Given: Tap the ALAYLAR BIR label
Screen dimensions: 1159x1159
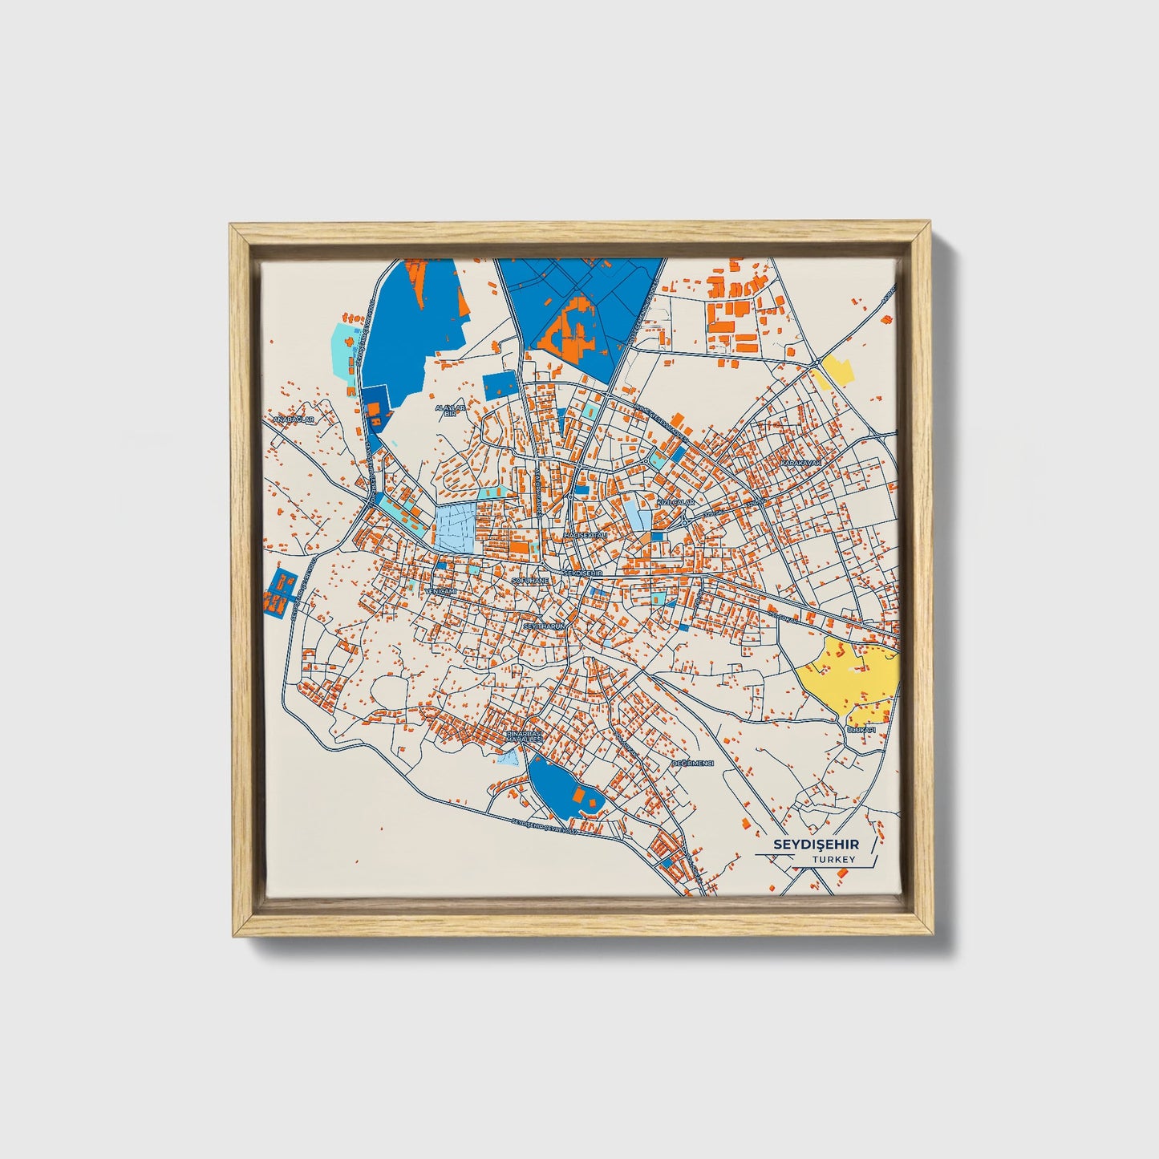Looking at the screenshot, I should (450, 410).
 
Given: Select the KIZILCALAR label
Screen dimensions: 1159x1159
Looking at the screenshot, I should (675, 501).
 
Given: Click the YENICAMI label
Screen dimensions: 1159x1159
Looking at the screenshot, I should (440, 591).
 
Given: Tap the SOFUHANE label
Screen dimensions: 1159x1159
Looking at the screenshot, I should (530, 579).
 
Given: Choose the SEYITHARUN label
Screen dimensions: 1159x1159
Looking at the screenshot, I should (545, 625).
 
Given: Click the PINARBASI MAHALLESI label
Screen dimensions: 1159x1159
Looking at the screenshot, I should (524, 736).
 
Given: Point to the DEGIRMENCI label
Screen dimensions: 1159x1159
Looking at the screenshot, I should (693, 764).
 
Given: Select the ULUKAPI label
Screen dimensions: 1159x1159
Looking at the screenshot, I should (861, 730).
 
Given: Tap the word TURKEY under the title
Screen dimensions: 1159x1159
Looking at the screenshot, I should (833, 860).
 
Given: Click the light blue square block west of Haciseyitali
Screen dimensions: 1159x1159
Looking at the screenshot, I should (456, 527).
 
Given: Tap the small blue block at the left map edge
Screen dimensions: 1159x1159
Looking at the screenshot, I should (280, 594).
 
